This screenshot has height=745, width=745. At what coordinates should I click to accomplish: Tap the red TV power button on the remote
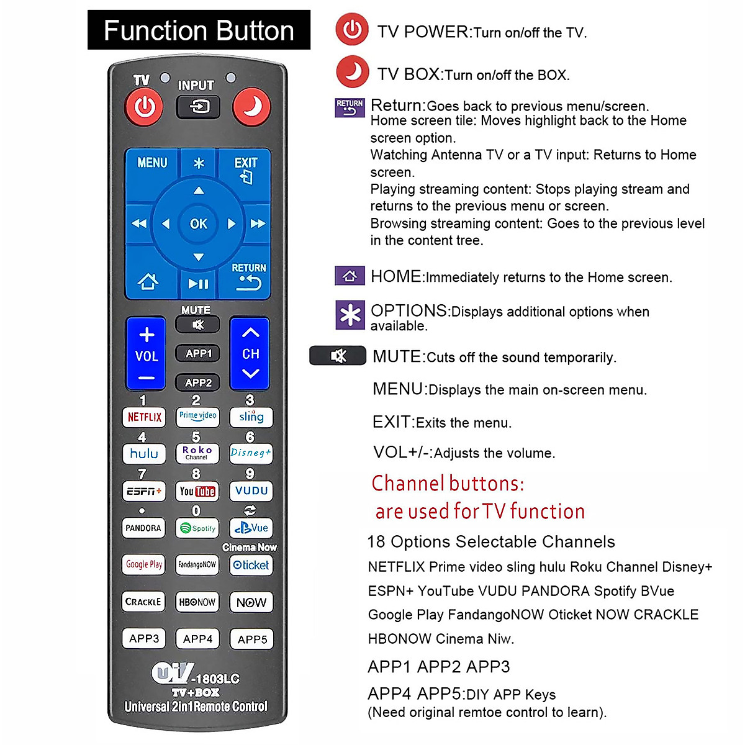144,107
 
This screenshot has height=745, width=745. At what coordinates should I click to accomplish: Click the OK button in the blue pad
199,223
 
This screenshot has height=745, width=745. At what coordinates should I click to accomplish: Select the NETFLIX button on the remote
144,417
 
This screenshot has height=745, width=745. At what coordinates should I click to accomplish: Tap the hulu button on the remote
144,454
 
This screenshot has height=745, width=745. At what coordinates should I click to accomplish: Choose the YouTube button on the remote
197,491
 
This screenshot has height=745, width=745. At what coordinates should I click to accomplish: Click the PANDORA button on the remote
143,528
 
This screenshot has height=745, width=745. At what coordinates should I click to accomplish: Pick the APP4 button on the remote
197,639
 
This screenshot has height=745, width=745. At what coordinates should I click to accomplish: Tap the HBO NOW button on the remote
197,602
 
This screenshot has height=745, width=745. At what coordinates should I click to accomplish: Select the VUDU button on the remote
251,491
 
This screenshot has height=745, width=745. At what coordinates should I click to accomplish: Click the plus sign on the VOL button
147,335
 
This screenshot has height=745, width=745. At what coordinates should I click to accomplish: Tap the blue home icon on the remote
148,282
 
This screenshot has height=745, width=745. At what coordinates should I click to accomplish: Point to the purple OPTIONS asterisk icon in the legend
350,315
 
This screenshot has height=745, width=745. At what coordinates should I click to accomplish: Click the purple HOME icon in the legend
350,276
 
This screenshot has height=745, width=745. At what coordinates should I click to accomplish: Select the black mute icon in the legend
338,356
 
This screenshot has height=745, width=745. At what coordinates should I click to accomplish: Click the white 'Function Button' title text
199,30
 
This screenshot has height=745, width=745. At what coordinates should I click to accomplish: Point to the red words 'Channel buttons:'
448,483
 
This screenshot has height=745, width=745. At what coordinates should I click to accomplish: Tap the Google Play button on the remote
144,564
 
